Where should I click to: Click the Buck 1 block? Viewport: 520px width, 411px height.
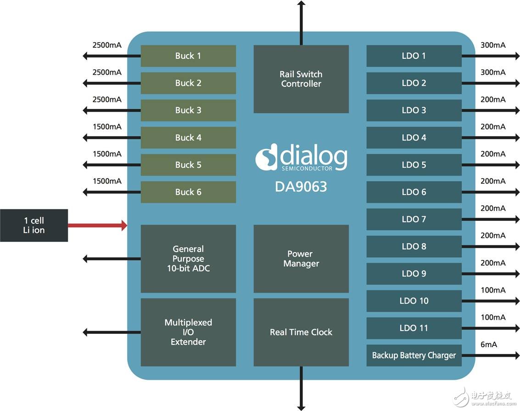[188, 56]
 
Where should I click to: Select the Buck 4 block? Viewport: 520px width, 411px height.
[188, 138]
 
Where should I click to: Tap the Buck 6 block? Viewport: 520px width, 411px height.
[188, 192]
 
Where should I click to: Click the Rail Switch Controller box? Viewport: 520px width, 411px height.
[301, 79]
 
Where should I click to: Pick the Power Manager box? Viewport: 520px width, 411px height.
[301, 259]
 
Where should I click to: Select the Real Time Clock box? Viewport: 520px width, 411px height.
[301, 332]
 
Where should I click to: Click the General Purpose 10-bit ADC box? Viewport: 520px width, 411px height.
[188, 259]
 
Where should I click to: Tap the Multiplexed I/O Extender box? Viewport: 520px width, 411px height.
[188, 332]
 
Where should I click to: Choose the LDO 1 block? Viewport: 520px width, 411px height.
[414, 56]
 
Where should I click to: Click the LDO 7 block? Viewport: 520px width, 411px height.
[414, 219]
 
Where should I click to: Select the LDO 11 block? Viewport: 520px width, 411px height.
[414, 328]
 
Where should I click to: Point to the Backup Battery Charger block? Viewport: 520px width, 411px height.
[414, 355]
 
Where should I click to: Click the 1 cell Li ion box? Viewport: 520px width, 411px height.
[34, 225]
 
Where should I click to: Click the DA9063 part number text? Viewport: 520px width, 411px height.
[301, 186]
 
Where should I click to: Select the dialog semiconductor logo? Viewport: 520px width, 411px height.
[301, 159]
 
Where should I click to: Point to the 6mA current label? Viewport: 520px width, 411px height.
[489, 344]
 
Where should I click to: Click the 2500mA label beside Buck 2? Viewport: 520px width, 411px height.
[107, 72]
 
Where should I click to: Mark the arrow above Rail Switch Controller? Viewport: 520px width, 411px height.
[301, 18]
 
